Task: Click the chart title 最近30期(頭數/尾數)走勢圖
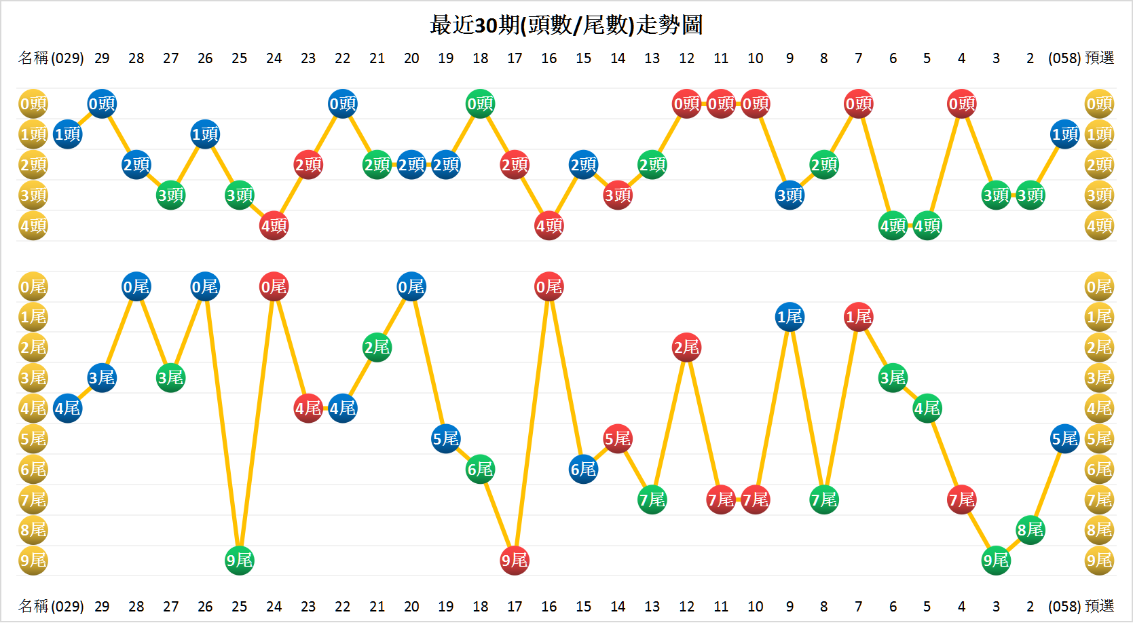(x=566, y=25)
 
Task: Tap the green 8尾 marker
(x=1030, y=530)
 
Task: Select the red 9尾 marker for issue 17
(x=515, y=561)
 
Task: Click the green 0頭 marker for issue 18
(x=480, y=104)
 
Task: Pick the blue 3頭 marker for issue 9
(x=790, y=195)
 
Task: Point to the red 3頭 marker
(x=618, y=195)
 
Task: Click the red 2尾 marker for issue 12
(x=686, y=347)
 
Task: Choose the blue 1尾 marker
(x=790, y=317)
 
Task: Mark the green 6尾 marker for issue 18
(x=480, y=469)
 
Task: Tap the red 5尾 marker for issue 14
(x=618, y=439)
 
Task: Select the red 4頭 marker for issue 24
(x=274, y=226)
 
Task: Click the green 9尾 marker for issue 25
(x=239, y=561)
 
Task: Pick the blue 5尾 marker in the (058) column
(x=1064, y=439)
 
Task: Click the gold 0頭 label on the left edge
(x=33, y=104)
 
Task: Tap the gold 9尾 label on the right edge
(x=1099, y=561)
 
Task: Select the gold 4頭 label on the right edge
(x=1099, y=226)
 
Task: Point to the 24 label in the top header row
(x=274, y=58)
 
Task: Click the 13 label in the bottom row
(x=652, y=606)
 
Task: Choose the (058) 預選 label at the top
(x=1081, y=58)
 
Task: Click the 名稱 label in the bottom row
(x=33, y=606)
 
